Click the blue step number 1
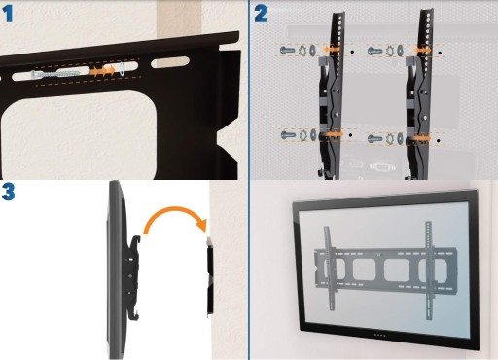coord(8,15)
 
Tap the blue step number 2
coord(261,15)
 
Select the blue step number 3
coord(9,192)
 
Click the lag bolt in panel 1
coord(55,74)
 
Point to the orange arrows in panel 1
coord(102,71)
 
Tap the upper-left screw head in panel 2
coord(287,51)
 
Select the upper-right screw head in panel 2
coord(374,51)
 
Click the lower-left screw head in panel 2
coord(288,135)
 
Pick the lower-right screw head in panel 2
coord(375,139)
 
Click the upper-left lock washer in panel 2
coord(302,51)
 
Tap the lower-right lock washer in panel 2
coord(390,139)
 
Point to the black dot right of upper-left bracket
coord(352,52)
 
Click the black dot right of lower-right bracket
coord(439,141)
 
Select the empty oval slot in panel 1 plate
coord(170,62)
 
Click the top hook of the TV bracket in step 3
coord(136,242)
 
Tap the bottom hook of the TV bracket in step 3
coord(135,314)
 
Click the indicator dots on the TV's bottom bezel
coord(379,335)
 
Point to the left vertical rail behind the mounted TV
coord(329,268)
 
